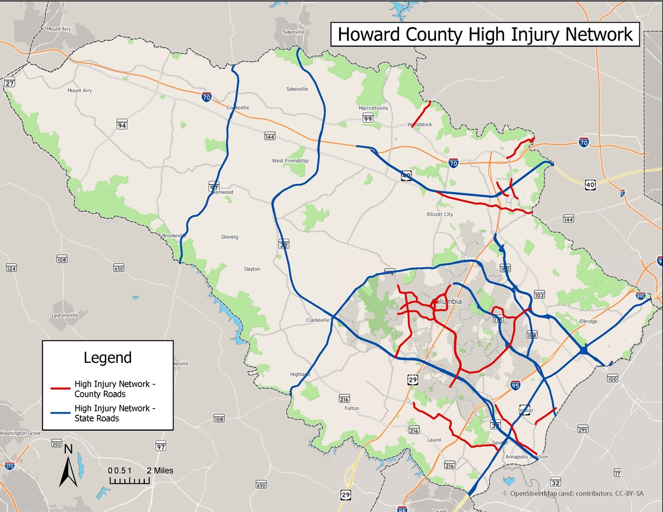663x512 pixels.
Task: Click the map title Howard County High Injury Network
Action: coord(485,34)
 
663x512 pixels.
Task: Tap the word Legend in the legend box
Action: coord(108,357)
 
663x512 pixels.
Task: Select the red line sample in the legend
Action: coord(61,388)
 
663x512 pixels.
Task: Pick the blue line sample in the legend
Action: coord(61,413)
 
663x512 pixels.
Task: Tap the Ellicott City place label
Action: coord(440,214)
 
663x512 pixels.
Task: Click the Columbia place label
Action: coord(448,302)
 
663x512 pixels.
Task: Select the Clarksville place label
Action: coord(318,320)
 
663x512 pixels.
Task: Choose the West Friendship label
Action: coord(290,161)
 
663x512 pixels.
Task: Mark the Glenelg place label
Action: coord(229,237)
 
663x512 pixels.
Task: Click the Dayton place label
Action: coord(252,269)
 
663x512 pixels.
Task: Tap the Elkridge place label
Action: coord(588,321)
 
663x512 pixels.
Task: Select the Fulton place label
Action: coord(351,408)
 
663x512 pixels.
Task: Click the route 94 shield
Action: coord(122,125)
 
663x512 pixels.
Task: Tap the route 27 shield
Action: coord(9,83)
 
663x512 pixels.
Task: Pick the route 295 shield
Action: coord(582,429)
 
